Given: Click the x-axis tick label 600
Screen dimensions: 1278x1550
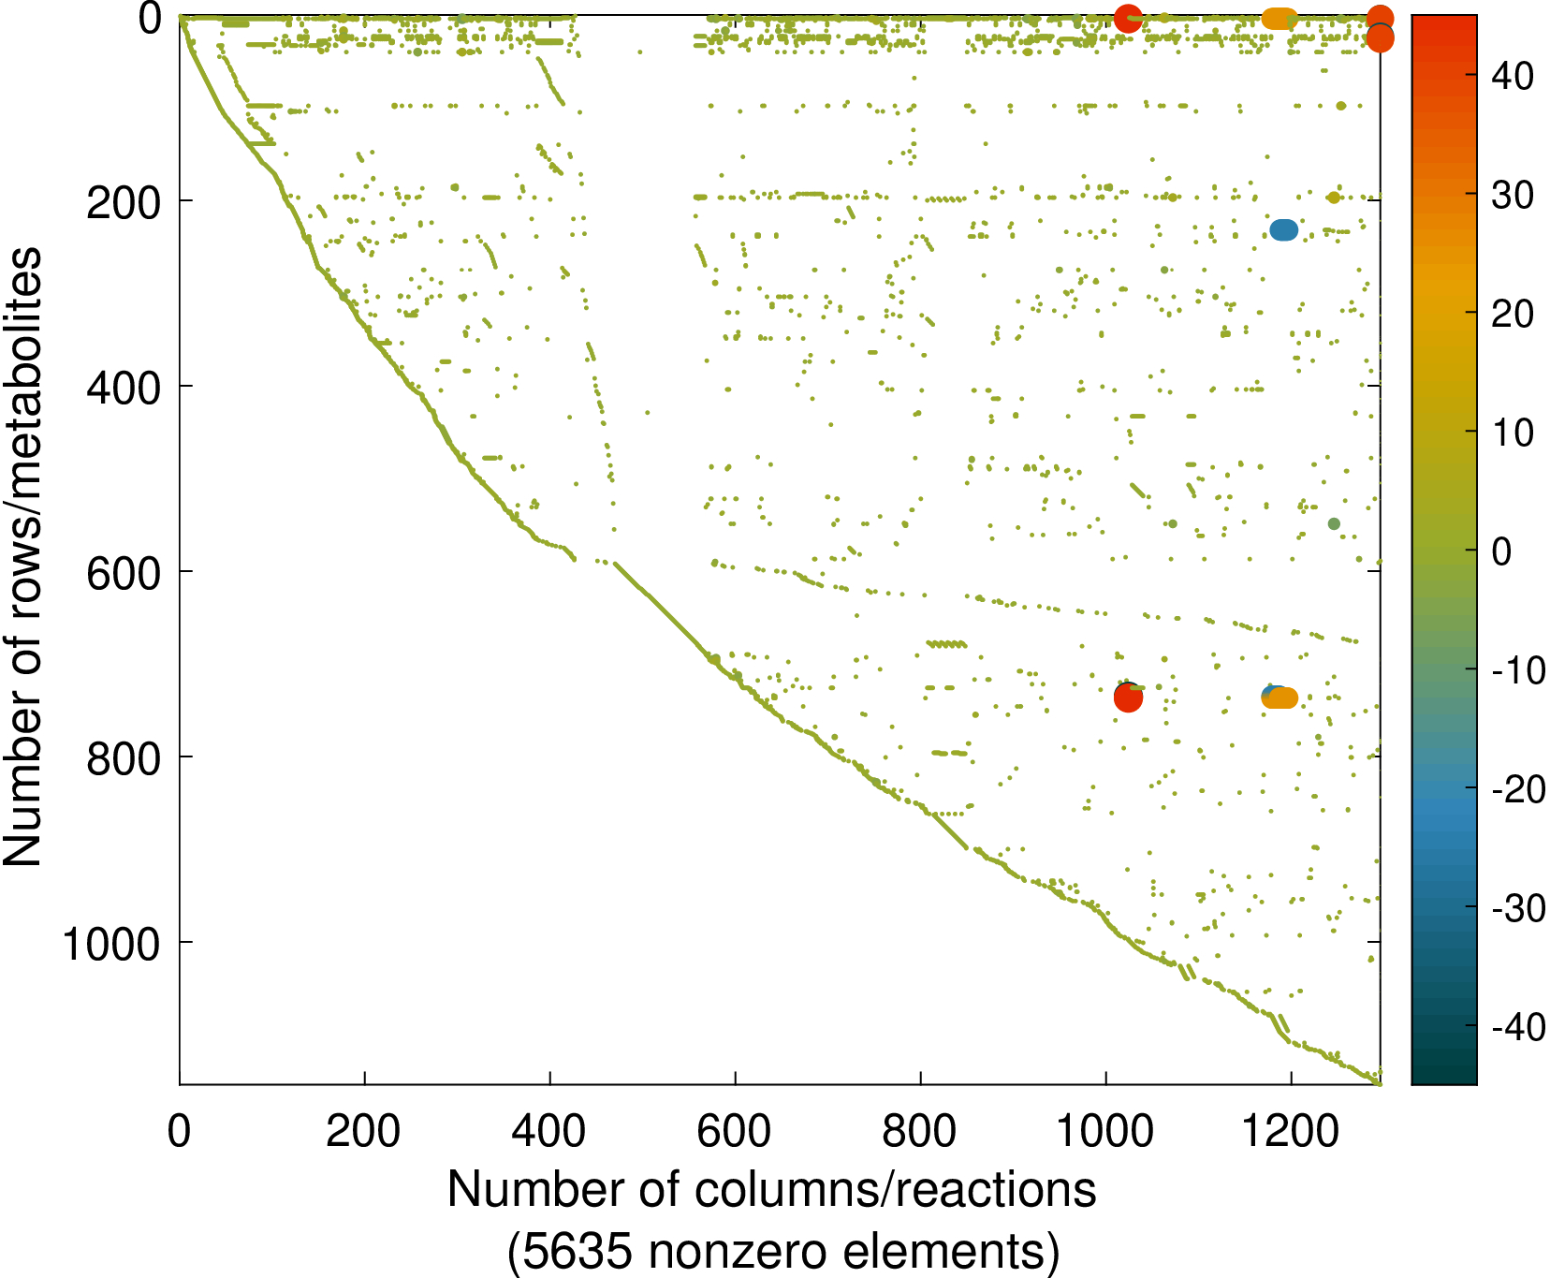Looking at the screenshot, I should point(735,1131).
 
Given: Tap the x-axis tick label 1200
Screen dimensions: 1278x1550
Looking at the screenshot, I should point(1291,1131).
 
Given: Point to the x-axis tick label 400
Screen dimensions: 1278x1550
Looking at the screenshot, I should point(549,1131).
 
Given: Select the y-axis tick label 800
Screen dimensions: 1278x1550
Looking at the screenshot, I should point(124,757).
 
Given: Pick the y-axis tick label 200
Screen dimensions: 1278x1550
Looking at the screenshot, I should point(124,201).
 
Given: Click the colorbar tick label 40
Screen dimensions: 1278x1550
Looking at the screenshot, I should point(1513,76).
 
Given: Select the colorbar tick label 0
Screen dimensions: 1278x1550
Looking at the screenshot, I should point(1501,551).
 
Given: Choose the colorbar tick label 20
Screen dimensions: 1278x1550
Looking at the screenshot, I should point(1513,314).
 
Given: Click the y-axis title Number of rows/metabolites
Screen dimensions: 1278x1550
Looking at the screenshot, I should point(22,556).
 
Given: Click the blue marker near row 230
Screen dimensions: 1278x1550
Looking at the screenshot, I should point(1283,229).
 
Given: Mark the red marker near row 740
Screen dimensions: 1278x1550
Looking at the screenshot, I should point(1129,698).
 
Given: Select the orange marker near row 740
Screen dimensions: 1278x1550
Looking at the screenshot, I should point(1281,698).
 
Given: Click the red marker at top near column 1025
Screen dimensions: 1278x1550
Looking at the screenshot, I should point(1128,18).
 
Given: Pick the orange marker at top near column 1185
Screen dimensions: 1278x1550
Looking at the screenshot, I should point(1279,18).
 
